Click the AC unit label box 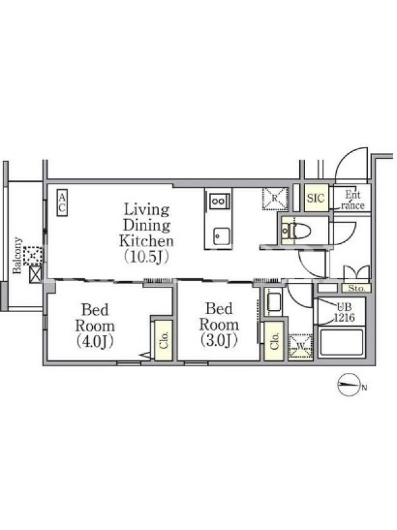pos(62,202)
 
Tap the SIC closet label pos(316,198)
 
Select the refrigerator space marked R pos(275,198)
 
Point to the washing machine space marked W pos(300,346)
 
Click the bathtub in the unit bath pos(341,343)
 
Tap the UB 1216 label pos(344,312)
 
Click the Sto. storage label pos(357,288)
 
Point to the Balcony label pos(17,256)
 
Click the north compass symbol pos(349,385)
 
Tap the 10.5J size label pos(146,256)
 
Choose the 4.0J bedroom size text pos(95,341)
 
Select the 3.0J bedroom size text pos(219,340)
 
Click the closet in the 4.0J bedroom pos(164,340)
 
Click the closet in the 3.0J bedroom pos(274,341)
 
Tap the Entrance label pos(353,200)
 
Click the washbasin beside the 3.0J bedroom pos(274,301)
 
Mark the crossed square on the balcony pos(36,274)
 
